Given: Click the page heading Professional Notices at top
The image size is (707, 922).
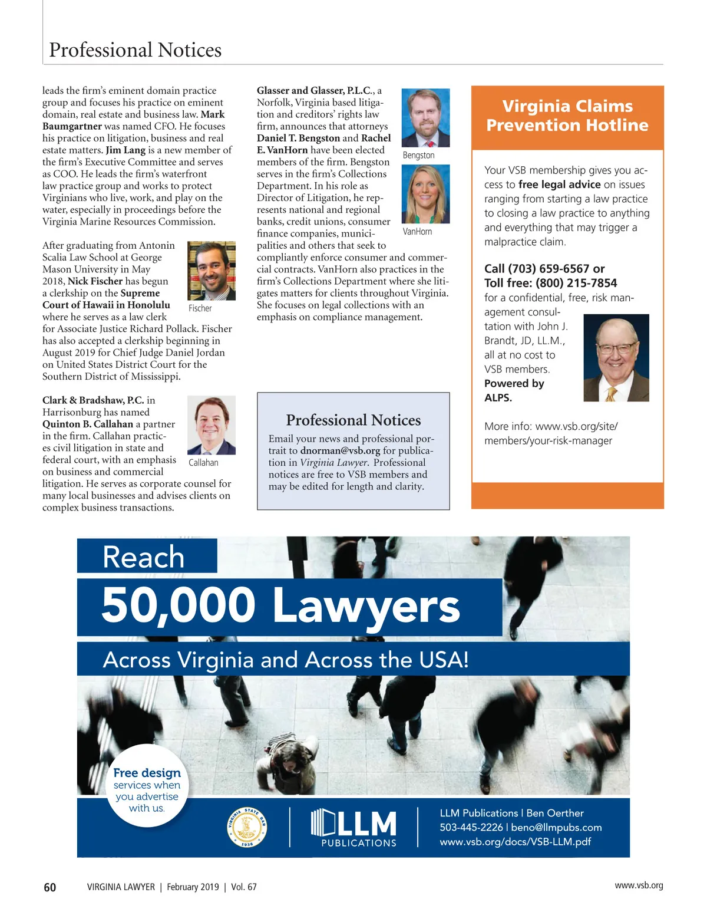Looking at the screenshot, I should [x=135, y=50].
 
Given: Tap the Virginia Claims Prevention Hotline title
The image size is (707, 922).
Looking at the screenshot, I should [x=567, y=116].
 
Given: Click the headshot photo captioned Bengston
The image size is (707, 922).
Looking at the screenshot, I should [x=425, y=118].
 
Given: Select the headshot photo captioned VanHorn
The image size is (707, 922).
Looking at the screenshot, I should [x=425, y=194].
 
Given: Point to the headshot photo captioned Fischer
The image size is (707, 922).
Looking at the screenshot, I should [x=211, y=271].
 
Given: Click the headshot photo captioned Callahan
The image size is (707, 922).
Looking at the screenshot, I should [x=211, y=425].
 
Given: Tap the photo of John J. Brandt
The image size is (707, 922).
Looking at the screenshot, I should [x=616, y=358].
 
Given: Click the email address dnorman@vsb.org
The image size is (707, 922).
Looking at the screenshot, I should [x=340, y=451].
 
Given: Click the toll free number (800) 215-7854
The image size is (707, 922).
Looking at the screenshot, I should [x=576, y=283].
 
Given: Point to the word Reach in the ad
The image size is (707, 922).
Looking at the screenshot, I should [x=143, y=557].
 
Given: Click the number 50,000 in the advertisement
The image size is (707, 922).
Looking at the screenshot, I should [x=178, y=605].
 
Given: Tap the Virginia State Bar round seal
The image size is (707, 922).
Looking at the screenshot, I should [x=247, y=827].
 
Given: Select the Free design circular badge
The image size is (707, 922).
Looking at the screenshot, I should [x=147, y=786].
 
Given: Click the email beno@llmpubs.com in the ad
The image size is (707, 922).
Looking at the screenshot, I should [x=556, y=828].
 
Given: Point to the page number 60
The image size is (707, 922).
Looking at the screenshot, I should [x=50, y=887].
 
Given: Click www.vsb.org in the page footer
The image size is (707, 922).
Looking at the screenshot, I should [x=639, y=885].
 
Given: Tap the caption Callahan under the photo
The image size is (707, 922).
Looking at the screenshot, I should [x=203, y=463].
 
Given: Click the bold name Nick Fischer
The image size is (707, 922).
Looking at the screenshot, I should [x=95, y=281].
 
